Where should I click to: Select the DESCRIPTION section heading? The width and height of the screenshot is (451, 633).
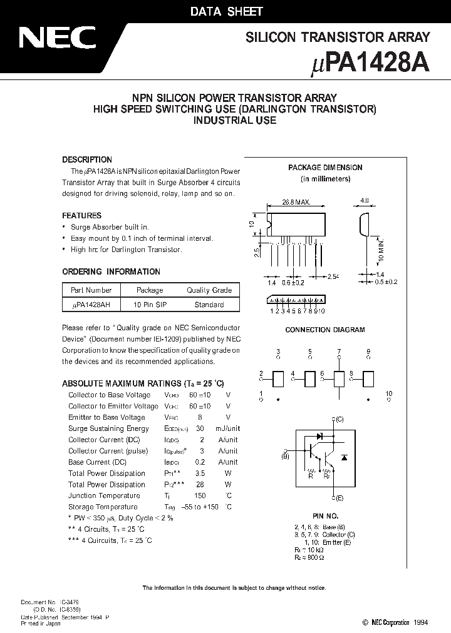click(x=87, y=160)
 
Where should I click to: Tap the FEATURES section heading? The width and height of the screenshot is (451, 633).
click(x=81, y=216)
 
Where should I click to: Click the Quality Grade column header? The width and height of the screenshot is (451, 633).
click(x=209, y=290)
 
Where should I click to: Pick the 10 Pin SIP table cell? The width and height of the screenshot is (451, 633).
click(x=150, y=305)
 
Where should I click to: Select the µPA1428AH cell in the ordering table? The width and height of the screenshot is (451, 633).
click(x=91, y=305)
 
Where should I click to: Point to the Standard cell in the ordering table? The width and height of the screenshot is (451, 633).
click(x=209, y=305)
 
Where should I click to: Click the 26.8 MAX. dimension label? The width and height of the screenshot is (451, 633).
click(x=296, y=203)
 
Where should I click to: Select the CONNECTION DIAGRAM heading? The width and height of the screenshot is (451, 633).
click(x=325, y=330)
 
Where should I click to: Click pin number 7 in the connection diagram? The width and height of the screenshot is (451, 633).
click(x=339, y=352)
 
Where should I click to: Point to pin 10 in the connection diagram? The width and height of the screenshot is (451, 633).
click(x=388, y=394)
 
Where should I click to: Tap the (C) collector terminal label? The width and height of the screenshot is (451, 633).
click(x=339, y=419)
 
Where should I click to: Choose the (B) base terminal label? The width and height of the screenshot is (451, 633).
click(x=285, y=457)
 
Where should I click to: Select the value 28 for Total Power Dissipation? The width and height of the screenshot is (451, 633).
click(x=201, y=485)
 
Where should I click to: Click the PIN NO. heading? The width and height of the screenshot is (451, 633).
click(x=325, y=516)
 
